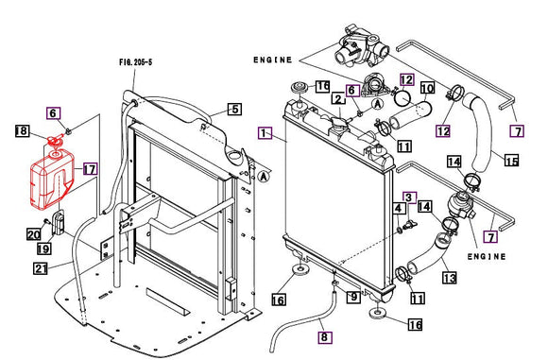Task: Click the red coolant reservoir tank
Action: coord(52,180)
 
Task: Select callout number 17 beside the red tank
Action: coord(90,169)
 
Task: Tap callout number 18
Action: coord(22,130)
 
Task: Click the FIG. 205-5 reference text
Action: coord(136,62)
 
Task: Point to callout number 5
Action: coord(235,109)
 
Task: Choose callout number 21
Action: coord(41,268)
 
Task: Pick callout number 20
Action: coord(34,233)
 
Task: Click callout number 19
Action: coord(44,249)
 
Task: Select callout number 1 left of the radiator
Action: coord(265,133)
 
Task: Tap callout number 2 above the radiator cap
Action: coord(338,99)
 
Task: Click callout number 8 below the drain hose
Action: coord(325,337)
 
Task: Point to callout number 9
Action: coord(353,297)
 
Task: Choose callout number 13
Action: coord(450,278)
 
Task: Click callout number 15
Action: coord(512,161)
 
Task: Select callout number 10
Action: coord(427,88)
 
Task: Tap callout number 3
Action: coord(410,197)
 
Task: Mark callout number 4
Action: coord(399,209)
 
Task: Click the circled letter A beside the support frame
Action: coord(265,177)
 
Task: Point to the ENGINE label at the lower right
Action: coord(487,257)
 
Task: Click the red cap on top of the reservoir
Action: coord(54,141)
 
